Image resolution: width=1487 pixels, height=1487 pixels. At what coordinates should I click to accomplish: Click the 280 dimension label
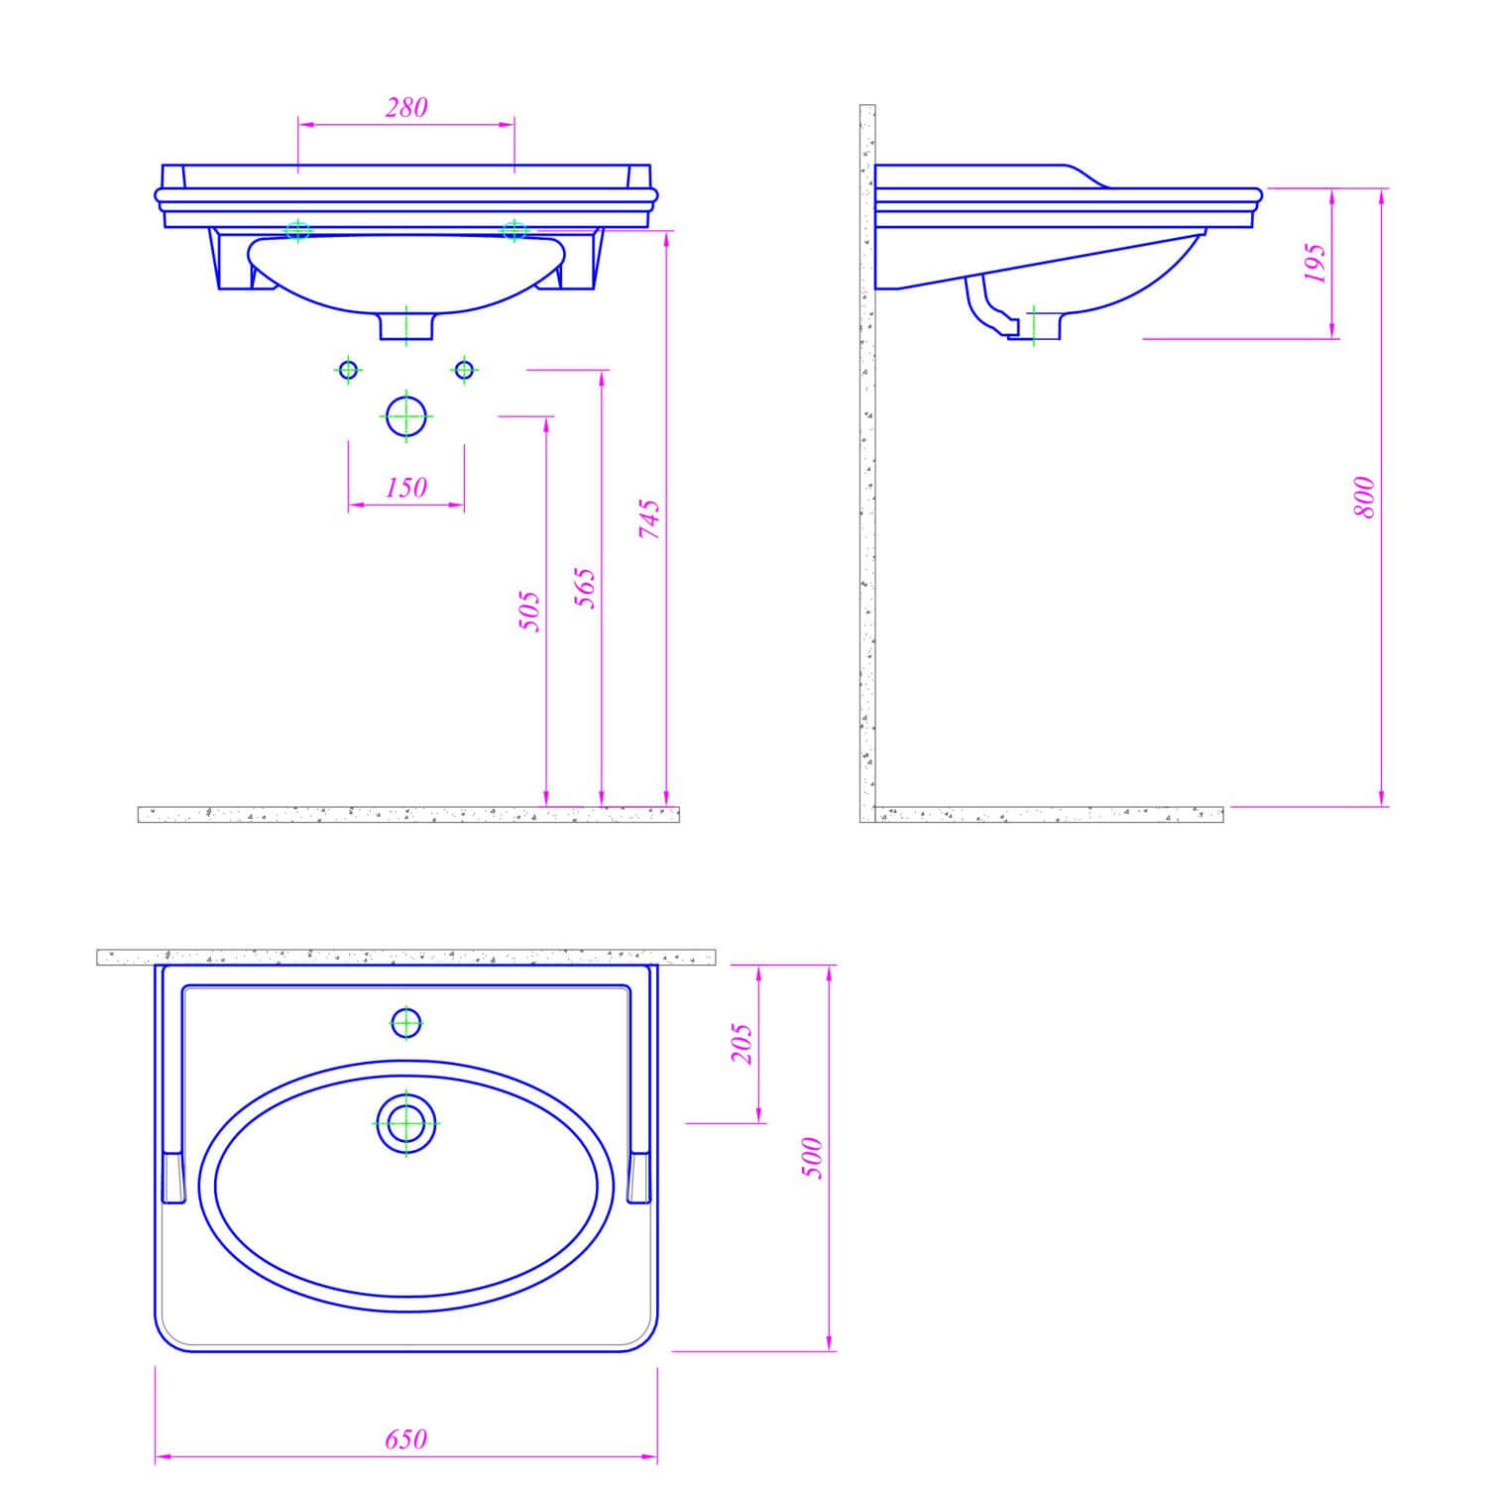[x=406, y=107]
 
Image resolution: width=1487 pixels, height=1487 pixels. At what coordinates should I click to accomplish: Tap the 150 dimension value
[x=406, y=487]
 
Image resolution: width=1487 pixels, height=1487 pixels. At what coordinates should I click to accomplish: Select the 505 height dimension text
[x=530, y=611]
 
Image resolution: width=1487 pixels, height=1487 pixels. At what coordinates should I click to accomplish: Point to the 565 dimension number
[x=586, y=588]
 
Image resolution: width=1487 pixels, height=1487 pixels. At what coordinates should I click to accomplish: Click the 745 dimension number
[x=649, y=518]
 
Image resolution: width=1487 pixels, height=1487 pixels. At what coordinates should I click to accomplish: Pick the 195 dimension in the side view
[x=1315, y=263]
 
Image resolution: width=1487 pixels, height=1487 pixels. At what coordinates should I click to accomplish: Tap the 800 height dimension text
[x=1365, y=498]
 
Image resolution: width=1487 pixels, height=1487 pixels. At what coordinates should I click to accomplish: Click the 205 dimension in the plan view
[x=743, y=1044]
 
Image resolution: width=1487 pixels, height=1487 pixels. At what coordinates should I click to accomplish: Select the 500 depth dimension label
[x=812, y=1157]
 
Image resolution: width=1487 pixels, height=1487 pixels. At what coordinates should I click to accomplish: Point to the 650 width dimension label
[x=406, y=1438]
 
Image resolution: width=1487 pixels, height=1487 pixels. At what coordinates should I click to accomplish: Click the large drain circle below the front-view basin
[x=405, y=416]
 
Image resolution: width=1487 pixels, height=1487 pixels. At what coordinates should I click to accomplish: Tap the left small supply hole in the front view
[x=348, y=370]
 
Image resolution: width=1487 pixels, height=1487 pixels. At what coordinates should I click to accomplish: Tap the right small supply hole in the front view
[x=463, y=370]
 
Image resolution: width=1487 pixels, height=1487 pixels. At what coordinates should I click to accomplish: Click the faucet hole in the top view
[x=406, y=1022]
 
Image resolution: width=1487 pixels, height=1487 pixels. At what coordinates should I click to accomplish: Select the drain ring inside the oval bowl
[x=406, y=1123]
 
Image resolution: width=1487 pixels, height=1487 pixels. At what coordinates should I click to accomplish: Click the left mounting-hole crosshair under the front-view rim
[x=297, y=231]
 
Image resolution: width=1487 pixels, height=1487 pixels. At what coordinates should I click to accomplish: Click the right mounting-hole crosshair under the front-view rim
[x=514, y=231]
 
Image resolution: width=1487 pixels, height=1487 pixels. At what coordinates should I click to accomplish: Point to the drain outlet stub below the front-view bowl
[x=406, y=326]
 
